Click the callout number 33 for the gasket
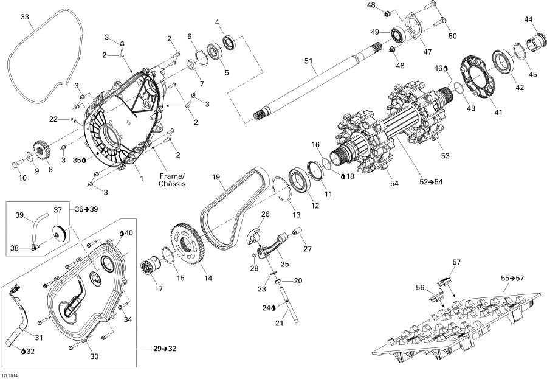click(x=24, y=16)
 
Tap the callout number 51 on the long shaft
click(x=308, y=60)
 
